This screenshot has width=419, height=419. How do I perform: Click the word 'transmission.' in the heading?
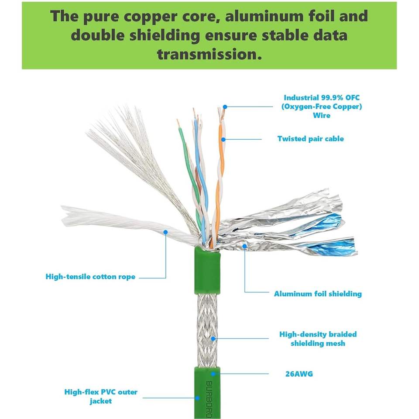209,54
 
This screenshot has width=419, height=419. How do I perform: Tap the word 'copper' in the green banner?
151,17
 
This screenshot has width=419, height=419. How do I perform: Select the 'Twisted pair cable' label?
310,139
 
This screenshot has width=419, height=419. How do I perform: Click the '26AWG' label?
299,374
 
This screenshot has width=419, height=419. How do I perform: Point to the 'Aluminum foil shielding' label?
318,294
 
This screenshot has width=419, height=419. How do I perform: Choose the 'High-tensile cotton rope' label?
90,277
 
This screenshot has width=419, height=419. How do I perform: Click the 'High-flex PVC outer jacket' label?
101,396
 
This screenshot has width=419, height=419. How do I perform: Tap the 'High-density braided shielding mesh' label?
318,339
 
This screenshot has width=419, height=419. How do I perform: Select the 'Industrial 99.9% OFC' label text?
322,97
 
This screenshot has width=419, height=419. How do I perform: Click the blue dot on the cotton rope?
166,232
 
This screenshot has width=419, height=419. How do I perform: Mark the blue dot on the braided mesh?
213,339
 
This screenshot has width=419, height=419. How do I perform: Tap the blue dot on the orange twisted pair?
223,139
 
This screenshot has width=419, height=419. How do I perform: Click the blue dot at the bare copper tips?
225,106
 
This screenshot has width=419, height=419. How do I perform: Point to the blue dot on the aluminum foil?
244,246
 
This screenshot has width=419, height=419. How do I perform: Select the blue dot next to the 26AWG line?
213,374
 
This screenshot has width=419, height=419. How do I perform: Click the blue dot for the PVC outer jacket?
197,398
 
